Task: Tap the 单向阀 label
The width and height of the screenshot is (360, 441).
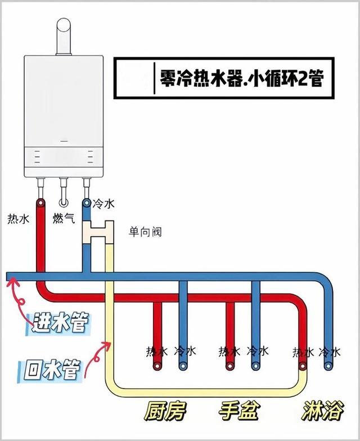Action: (145, 231)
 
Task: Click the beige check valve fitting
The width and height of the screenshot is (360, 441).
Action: (98, 230)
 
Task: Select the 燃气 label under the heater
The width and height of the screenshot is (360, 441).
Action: (64, 218)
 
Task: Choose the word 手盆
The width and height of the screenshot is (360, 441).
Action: (239, 411)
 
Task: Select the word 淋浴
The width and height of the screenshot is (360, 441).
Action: (322, 411)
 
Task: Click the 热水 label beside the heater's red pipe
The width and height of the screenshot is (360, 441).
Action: (18, 218)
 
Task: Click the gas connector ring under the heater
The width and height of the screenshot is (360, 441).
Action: (64, 201)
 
